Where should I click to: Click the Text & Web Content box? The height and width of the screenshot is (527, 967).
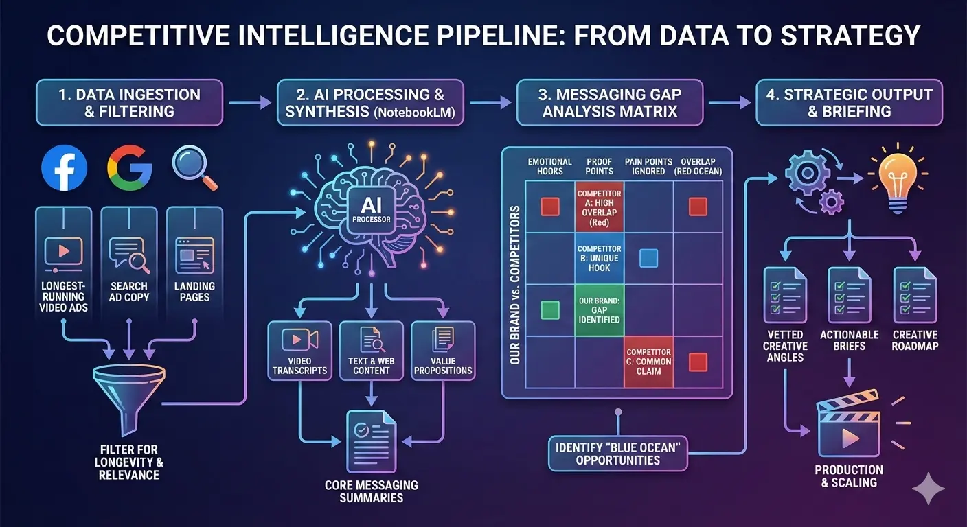coord(371,351)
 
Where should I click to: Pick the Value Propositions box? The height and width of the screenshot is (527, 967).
coord(442,351)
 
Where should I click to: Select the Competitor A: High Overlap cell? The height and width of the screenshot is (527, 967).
coord(599,206)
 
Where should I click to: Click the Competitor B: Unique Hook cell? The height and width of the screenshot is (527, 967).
coord(599,258)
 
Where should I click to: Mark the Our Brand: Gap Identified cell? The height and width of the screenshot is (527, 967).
coord(599,310)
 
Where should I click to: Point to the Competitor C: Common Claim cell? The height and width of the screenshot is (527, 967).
coord(649,362)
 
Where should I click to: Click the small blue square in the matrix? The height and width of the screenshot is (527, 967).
coord(648,258)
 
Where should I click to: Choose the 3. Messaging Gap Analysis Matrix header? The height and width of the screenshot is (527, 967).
coord(609,102)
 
